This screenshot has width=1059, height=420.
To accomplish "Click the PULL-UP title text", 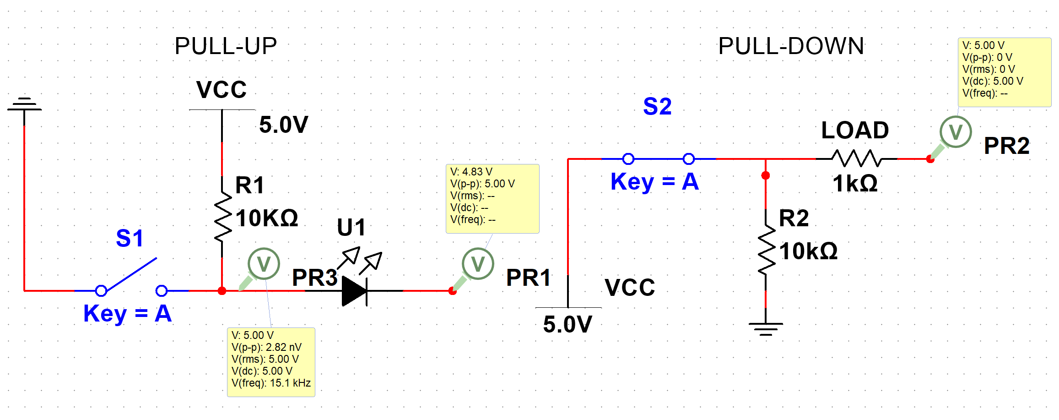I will (x=226, y=46).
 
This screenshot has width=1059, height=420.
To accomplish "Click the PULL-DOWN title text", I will (x=791, y=46).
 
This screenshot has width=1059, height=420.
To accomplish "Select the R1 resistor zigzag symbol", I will (x=222, y=216).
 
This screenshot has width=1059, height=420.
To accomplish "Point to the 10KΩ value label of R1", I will (x=267, y=218).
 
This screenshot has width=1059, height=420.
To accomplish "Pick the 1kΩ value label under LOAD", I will (x=855, y=184).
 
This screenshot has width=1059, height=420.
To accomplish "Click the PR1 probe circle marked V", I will (x=478, y=264).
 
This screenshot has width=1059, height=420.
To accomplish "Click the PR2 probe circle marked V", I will (x=956, y=132).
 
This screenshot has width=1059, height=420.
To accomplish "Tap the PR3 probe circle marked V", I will (x=264, y=264).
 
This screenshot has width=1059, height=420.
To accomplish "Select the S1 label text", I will (x=130, y=238).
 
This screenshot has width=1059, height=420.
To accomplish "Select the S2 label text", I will (x=657, y=106).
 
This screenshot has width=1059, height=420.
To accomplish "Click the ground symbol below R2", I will (x=766, y=328).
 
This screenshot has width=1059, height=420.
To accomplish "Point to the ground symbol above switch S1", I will (x=24, y=104).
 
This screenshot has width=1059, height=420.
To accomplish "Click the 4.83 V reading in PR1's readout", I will (x=477, y=172).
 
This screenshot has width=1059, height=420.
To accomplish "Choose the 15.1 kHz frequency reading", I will (x=290, y=383).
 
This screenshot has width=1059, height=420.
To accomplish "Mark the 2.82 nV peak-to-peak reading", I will (x=283, y=347).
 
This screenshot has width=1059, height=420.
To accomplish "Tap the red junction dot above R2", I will (x=766, y=175).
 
